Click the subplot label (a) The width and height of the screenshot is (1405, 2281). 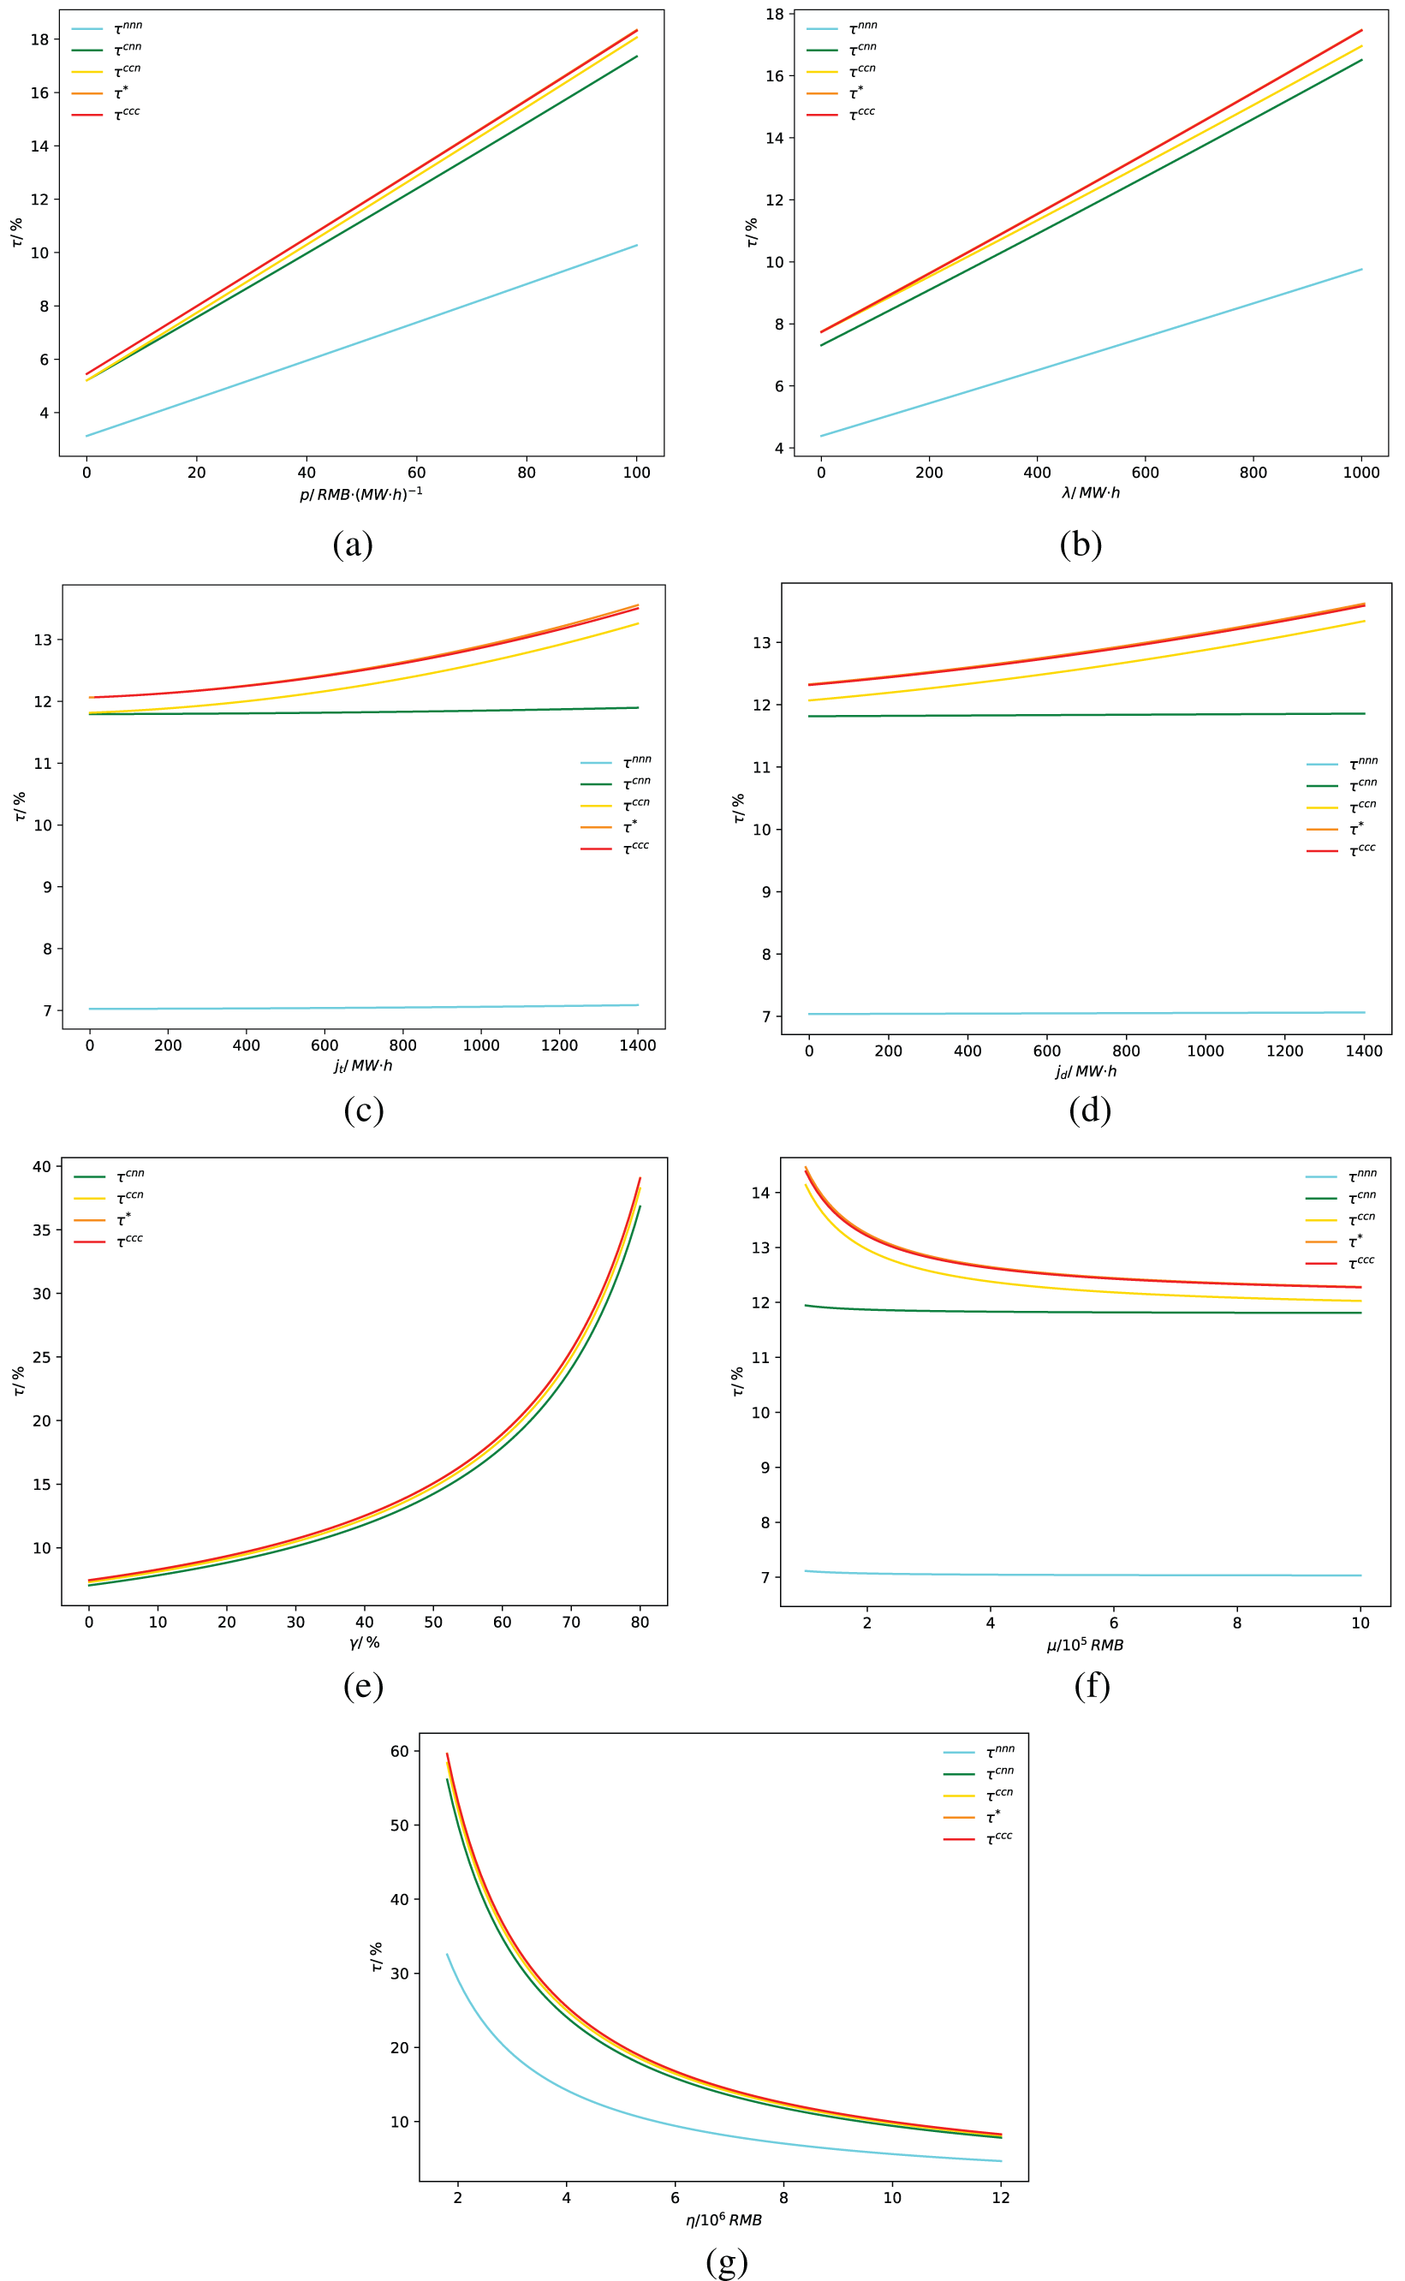coord(352,544)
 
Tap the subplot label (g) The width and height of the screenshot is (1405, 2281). coord(727,2260)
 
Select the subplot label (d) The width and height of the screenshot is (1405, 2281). coord(1089,1110)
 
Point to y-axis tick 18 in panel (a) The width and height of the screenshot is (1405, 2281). coord(39,40)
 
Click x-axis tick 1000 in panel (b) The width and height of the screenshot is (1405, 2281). coord(1361,472)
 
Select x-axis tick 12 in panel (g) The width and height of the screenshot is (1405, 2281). coord(1001,2197)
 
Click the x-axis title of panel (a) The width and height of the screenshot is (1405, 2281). coord(360,494)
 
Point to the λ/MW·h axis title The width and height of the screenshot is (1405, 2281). coord(1091,493)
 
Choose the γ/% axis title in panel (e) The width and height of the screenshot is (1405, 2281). coord(364,1643)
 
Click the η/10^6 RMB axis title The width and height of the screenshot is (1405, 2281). coord(723,2220)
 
